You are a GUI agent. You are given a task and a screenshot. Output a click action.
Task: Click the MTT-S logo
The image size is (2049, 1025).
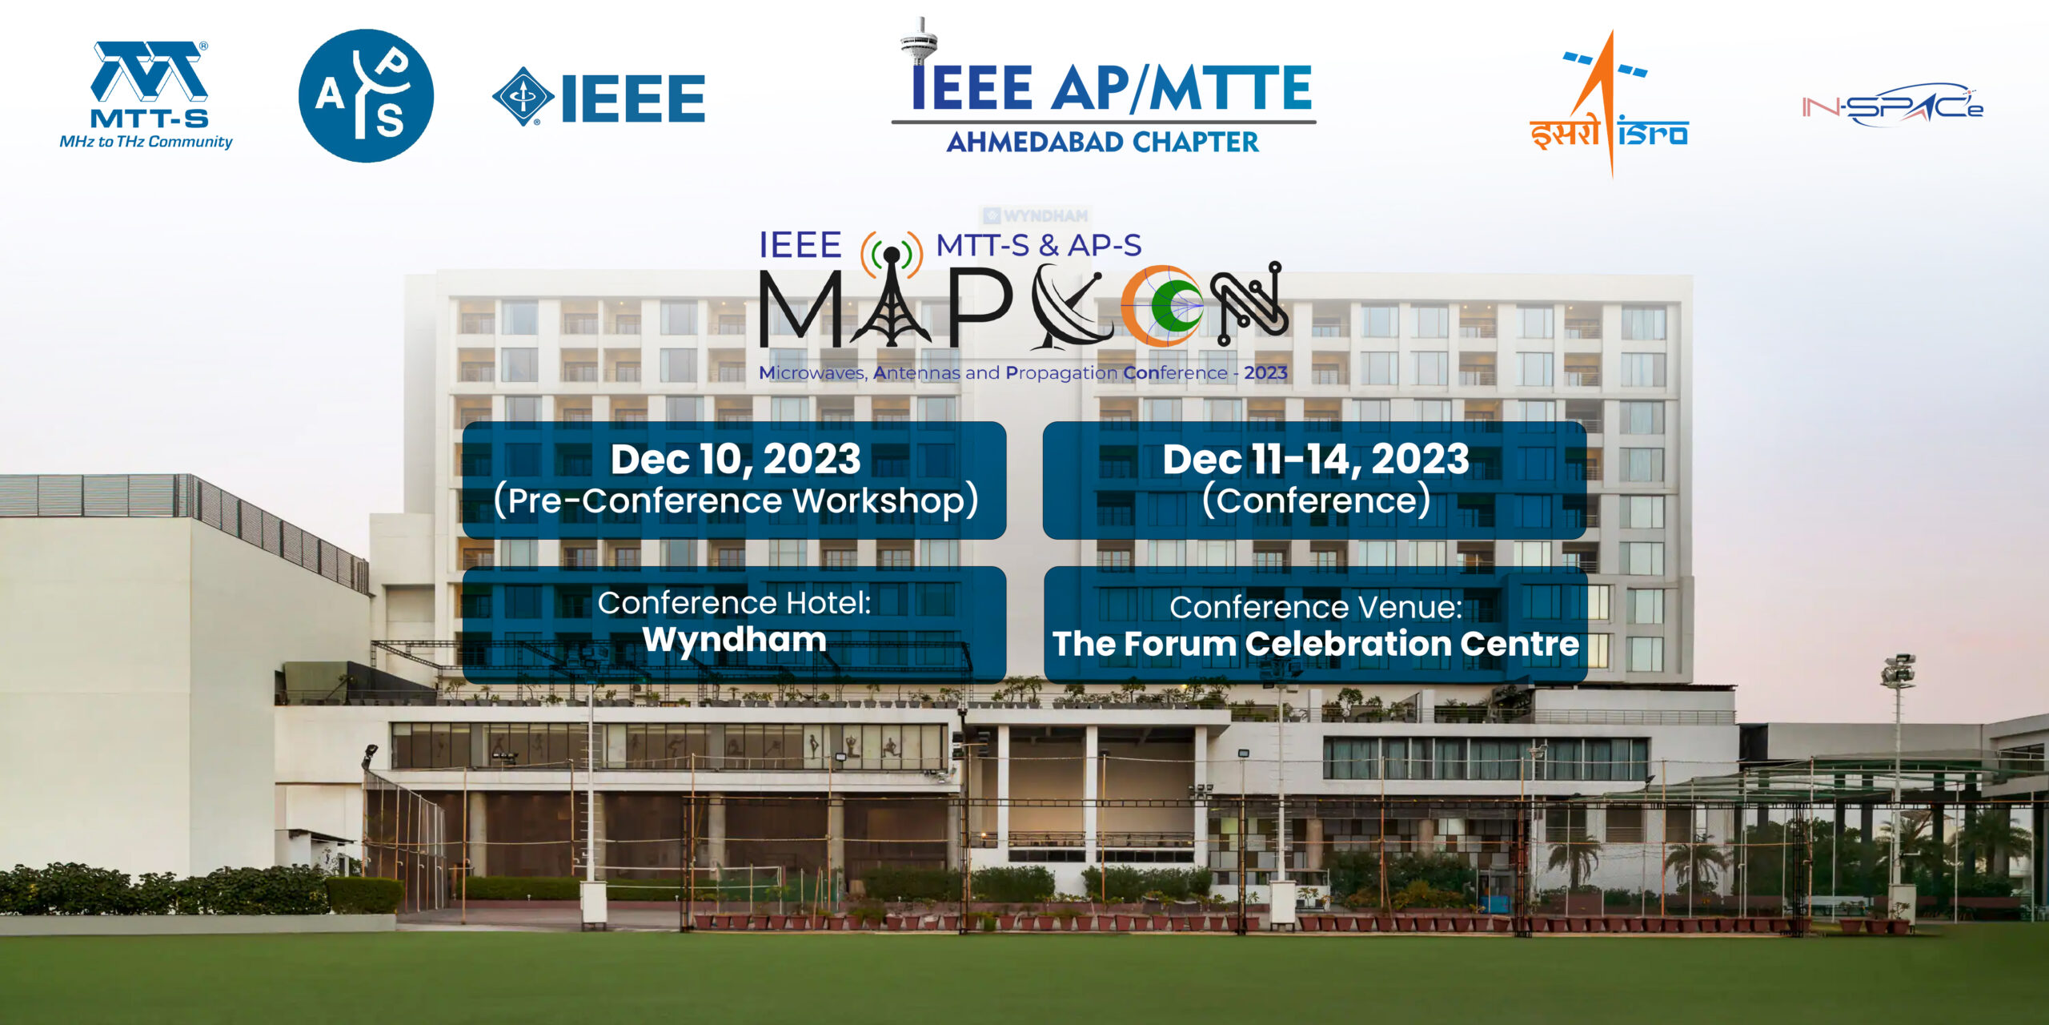pos(146,95)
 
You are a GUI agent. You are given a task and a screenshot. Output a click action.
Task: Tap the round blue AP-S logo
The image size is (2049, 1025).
pos(366,96)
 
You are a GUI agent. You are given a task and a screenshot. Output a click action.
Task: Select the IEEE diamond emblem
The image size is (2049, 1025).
pos(523,96)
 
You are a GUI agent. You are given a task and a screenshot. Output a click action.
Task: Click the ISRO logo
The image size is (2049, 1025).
pos(1609,104)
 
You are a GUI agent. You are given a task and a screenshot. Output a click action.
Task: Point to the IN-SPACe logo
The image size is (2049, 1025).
pos(1892,105)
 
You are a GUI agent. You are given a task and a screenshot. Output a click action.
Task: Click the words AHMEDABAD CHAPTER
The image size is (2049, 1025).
pos(1102,142)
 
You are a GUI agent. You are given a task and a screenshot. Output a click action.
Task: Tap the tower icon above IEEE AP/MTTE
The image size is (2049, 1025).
pos(919,40)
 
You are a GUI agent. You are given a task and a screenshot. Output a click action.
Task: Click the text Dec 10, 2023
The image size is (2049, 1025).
pos(736,459)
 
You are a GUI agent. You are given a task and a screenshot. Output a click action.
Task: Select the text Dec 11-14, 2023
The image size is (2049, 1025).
pos(1316,459)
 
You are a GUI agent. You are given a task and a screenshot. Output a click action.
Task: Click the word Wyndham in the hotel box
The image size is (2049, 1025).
pos(734,639)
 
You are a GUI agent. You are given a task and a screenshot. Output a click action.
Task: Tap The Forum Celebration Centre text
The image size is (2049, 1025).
pos(1315,644)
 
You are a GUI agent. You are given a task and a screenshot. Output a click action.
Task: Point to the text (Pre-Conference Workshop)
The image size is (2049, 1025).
pos(736,501)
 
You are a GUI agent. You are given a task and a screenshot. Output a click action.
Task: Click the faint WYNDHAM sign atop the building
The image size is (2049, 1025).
pos(1036,215)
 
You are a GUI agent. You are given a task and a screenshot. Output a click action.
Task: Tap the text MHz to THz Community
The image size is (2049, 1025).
pos(146,142)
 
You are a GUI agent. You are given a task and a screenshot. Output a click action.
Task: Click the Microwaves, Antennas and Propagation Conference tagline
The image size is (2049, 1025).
pos(1023,372)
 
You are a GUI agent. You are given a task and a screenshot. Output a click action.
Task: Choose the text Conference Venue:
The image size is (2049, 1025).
pos(1316,607)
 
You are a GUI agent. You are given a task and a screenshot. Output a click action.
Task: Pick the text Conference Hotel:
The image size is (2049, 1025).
pos(734,602)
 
